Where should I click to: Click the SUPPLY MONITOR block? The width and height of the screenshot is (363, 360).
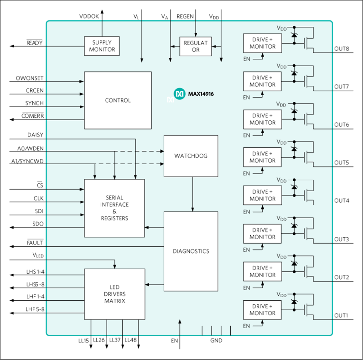click(x=102, y=46)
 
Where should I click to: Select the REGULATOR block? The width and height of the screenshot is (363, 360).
click(x=195, y=46)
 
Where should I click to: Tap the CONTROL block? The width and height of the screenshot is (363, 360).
click(x=118, y=100)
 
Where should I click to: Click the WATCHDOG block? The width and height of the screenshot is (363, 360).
click(x=191, y=156)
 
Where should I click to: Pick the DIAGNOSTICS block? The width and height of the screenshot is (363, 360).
click(x=191, y=251)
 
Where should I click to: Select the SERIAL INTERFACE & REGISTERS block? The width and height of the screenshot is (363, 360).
click(x=114, y=208)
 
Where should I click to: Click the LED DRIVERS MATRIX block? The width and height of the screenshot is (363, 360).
click(x=115, y=294)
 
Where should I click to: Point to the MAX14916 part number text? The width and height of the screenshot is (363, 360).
click(x=201, y=94)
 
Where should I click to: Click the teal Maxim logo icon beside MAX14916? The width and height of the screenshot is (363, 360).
click(x=179, y=94)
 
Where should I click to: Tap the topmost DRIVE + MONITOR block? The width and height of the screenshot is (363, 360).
click(x=262, y=43)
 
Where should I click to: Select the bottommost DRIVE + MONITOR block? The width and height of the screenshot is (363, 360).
click(x=262, y=310)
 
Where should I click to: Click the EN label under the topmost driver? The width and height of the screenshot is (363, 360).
click(x=247, y=59)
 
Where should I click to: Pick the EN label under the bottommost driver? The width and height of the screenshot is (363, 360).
click(x=247, y=326)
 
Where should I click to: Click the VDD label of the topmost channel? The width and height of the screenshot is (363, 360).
click(x=281, y=28)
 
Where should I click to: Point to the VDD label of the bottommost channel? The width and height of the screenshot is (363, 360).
click(x=281, y=295)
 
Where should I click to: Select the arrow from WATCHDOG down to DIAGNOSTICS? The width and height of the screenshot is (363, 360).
click(x=193, y=194)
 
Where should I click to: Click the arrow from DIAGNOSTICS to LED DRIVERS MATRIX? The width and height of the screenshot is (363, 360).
click(x=154, y=284)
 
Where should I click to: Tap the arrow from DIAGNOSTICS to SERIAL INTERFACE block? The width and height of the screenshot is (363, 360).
click(x=154, y=227)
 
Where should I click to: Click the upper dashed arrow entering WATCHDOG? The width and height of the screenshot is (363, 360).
click(x=139, y=151)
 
